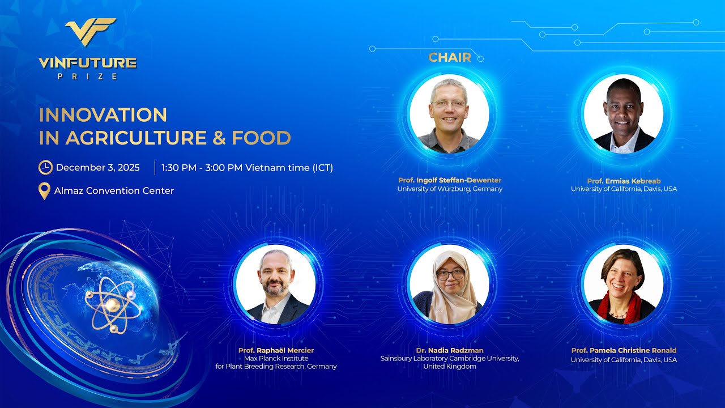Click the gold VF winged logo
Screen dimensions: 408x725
point(91,31)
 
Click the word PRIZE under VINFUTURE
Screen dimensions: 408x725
point(88,76)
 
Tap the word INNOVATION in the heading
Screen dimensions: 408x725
point(103,115)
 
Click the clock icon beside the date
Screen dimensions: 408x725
point(45,168)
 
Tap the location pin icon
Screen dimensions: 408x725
point(44,191)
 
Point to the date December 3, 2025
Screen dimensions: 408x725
point(98,168)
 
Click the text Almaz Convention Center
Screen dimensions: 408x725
point(114,191)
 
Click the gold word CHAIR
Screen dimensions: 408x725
point(450,57)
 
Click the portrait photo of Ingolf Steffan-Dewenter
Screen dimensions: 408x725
point(449,114)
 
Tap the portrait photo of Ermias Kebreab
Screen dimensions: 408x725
point(623,114)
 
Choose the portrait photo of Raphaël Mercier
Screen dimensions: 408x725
point(276,285)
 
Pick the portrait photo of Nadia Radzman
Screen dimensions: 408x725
point(449,285)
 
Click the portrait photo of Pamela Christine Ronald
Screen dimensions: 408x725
point(623,285)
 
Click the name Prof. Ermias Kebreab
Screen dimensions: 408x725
point(624,181)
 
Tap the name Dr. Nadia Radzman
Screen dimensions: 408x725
point(450,351)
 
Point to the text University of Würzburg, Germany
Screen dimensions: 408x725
point(450,189)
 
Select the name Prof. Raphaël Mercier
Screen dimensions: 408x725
point(276,351)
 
